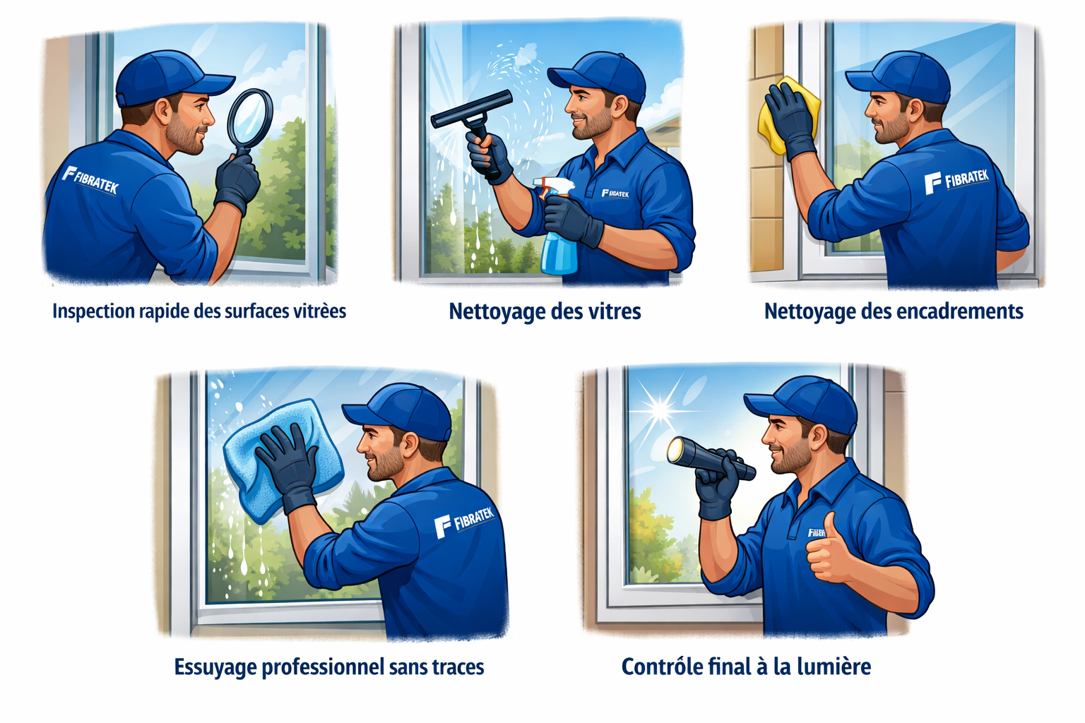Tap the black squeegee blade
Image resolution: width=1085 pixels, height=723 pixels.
point(471,109)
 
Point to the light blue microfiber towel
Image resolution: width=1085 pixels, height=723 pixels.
point(283,460)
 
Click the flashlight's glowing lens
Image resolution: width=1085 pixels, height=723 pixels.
point(675,449)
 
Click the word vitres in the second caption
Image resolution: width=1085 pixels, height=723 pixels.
point(615,311)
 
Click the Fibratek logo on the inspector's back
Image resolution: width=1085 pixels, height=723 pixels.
point(90,179)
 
